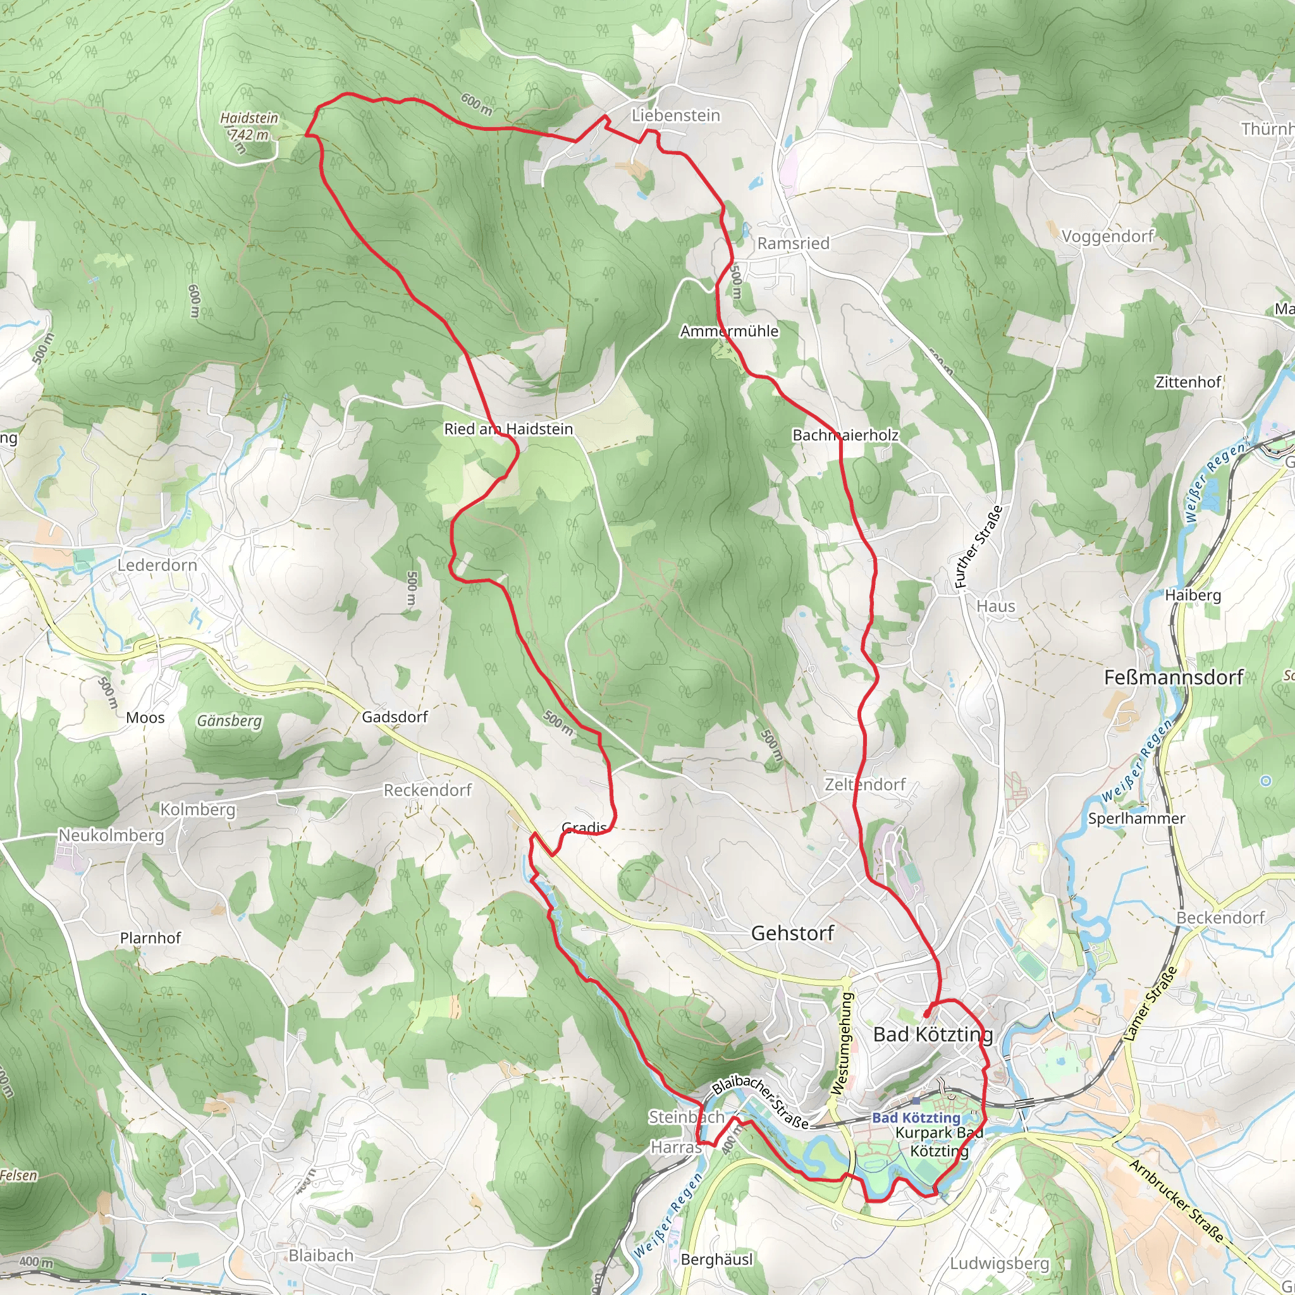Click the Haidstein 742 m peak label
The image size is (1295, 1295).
(x=249, y=126)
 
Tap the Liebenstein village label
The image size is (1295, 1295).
(x=676, y=115)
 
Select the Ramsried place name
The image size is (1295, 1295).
(x=793, y=243)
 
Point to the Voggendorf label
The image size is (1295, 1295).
(x=1107, y=236)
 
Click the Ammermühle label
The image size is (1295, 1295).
(x=729, y=331)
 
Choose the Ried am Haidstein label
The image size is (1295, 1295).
(x=508, y=429)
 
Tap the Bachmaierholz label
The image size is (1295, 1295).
(x=845, y=435)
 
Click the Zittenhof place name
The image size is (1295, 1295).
(x=1188, y=382)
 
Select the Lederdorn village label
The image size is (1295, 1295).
(x=157, y=565)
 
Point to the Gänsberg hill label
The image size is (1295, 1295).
(x=230, y=721)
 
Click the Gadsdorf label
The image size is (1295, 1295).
(x=395, y=717)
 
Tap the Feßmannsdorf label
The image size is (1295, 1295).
(x=1174, y=677)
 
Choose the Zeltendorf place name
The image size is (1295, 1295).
(x=864, y=784)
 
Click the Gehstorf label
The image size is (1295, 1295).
(x=792, y=933)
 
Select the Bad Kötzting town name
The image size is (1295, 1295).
(x=933, y=1034)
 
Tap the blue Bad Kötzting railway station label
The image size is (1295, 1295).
(x=916, y=1118)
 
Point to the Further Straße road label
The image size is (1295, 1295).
(x=979, y=547)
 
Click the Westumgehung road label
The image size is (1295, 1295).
(x=844, y=1043)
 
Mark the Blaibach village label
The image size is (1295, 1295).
(x=321, y=1255)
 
